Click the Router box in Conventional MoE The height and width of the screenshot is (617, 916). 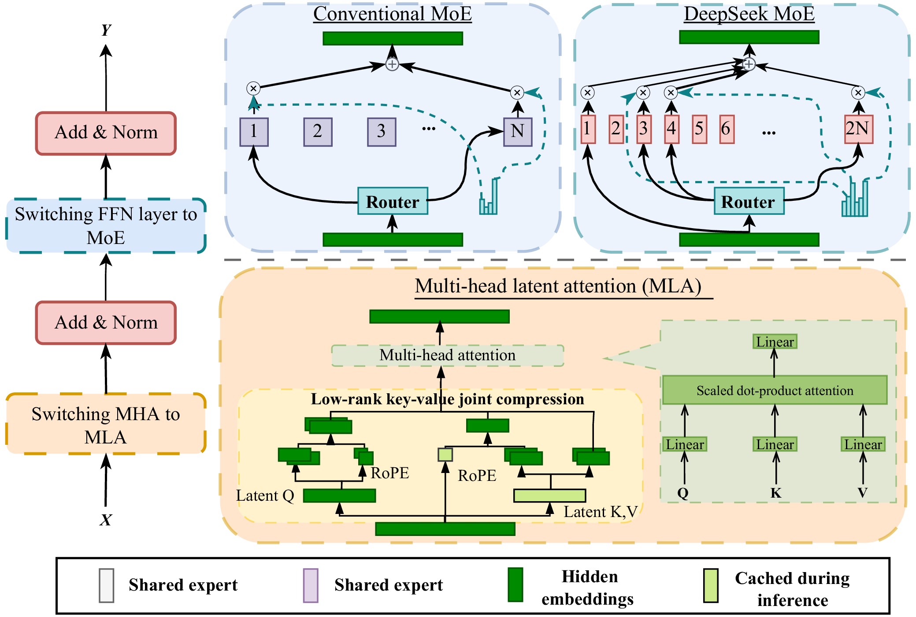coord(393,201)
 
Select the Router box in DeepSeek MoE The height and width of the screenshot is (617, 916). coord(749,201)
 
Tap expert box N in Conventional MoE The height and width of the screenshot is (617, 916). coord(517,131)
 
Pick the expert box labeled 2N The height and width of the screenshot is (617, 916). coord(858,129)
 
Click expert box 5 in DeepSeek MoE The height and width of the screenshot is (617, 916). coord(699,129)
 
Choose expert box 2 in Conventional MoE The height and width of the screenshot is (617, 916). coord(318,131)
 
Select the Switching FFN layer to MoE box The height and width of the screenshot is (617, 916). coord(106,225)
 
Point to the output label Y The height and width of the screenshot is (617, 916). coord(106,30)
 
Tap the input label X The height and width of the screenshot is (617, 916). coord(105,520)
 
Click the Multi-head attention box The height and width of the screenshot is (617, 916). coord(447,355)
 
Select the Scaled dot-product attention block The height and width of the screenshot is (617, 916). coord(775,390)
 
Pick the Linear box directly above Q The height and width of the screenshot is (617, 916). coord(685,444)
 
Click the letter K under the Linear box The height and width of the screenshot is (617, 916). coord(775,493)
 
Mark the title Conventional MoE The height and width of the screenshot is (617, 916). coord(392,14)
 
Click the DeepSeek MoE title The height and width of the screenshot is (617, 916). coord(749,14)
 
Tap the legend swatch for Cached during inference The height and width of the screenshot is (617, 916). coord(711,585)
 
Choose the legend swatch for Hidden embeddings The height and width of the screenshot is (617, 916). coord(515,585)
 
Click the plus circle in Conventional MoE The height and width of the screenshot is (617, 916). coord(392,64)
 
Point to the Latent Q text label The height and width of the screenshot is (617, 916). coord(265,495)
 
